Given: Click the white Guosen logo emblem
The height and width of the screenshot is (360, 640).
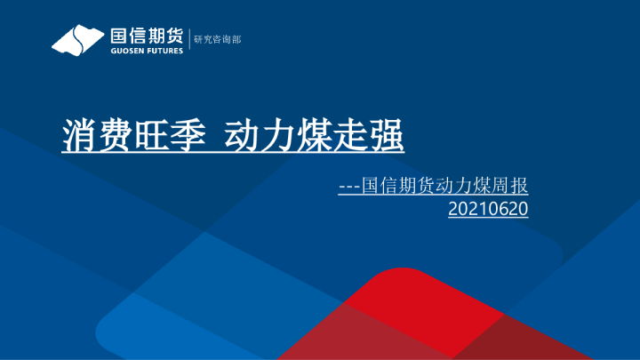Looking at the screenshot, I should [x=77, y=41].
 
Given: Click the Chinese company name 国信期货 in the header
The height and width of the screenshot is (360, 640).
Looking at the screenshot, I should [x=146, y=36].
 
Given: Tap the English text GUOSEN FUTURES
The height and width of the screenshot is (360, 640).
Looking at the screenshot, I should [x=146, y=51].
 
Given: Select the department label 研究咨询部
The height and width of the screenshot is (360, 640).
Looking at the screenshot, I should [x=218, y=41].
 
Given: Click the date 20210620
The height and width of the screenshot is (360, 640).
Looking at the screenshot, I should [x=489, y=210].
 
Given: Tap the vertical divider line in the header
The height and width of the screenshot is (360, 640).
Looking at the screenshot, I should [x=188, y=41].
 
